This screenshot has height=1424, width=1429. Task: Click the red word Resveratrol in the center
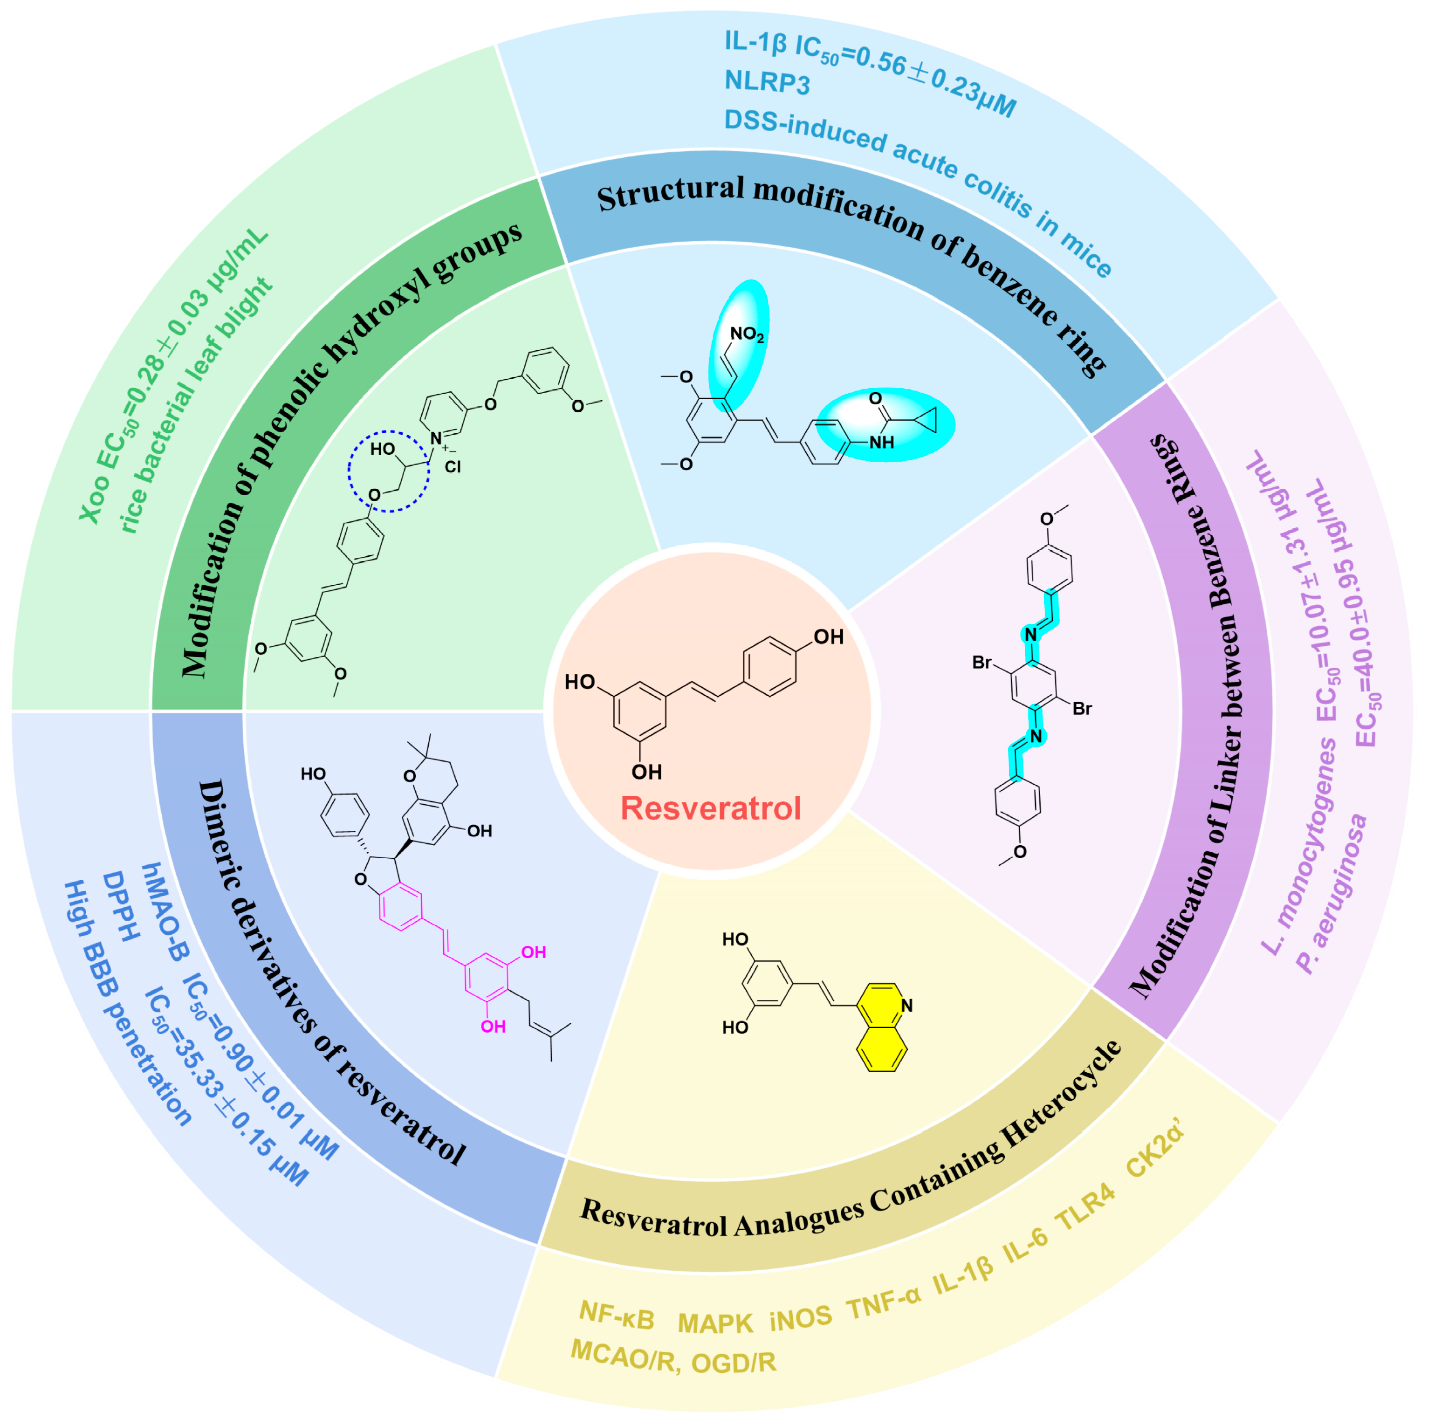(710, 808)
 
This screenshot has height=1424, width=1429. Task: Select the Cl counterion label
(453, 467)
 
